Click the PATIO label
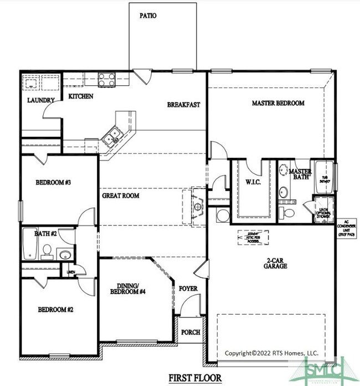pos(147,16)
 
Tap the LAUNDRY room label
pos(41,101)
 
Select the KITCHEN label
pos(80,96)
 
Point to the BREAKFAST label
pos(183,104)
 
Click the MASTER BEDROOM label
pos(278,104)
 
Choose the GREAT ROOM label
pos(120,195)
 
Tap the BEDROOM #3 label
pos(53,182)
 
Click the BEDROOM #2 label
pos(55,310)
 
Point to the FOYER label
pos(188,289)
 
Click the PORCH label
pos(191,332)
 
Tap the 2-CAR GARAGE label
pos(275,263)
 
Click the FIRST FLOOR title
pos(195,378)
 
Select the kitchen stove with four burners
pos(106,79)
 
